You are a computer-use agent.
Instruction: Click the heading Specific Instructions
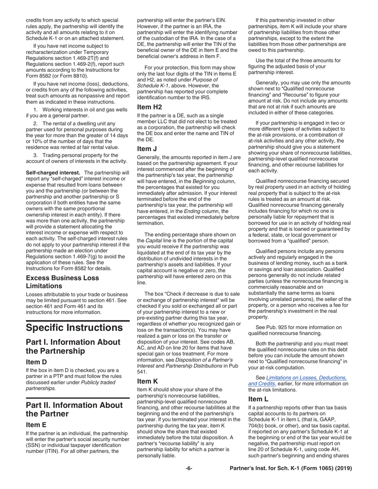74,328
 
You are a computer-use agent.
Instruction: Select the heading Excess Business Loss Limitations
62,281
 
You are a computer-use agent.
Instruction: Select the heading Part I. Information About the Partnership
73,347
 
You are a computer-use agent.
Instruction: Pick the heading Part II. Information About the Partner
74,409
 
